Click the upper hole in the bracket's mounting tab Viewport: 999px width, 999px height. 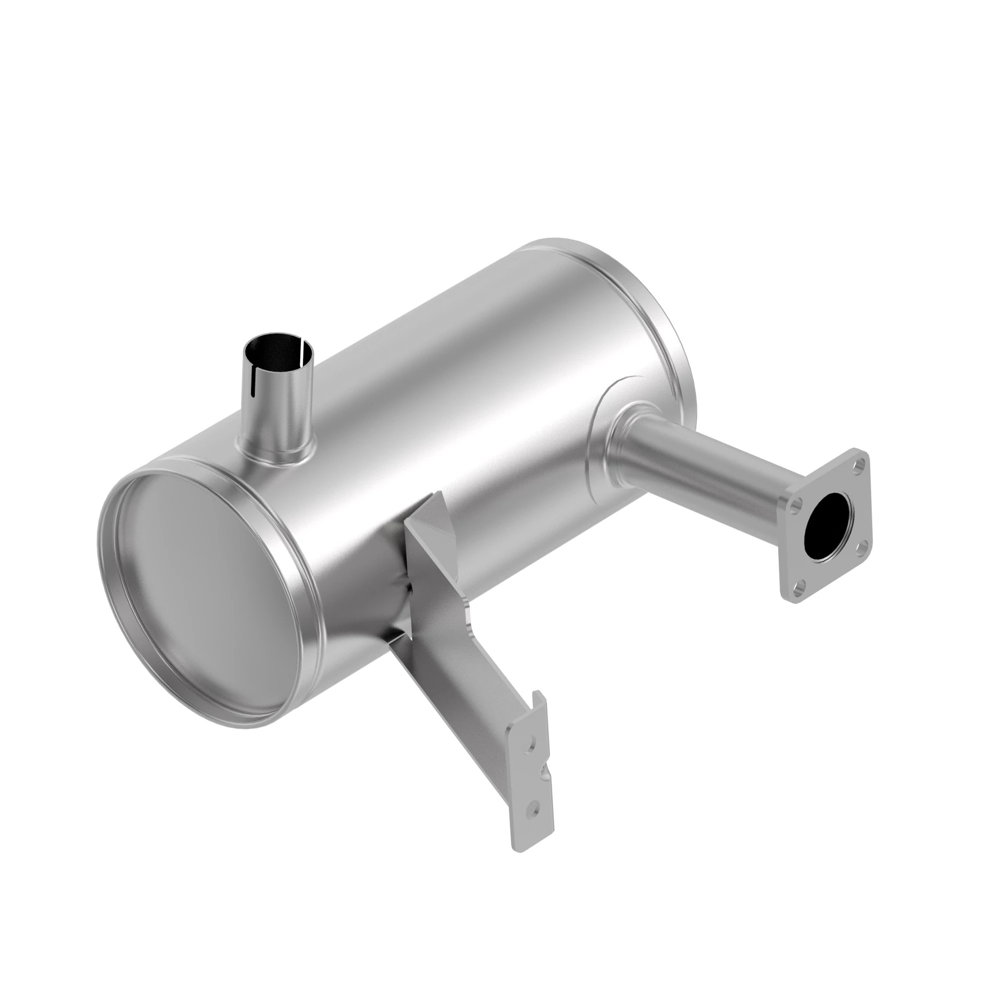point(529,745)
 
